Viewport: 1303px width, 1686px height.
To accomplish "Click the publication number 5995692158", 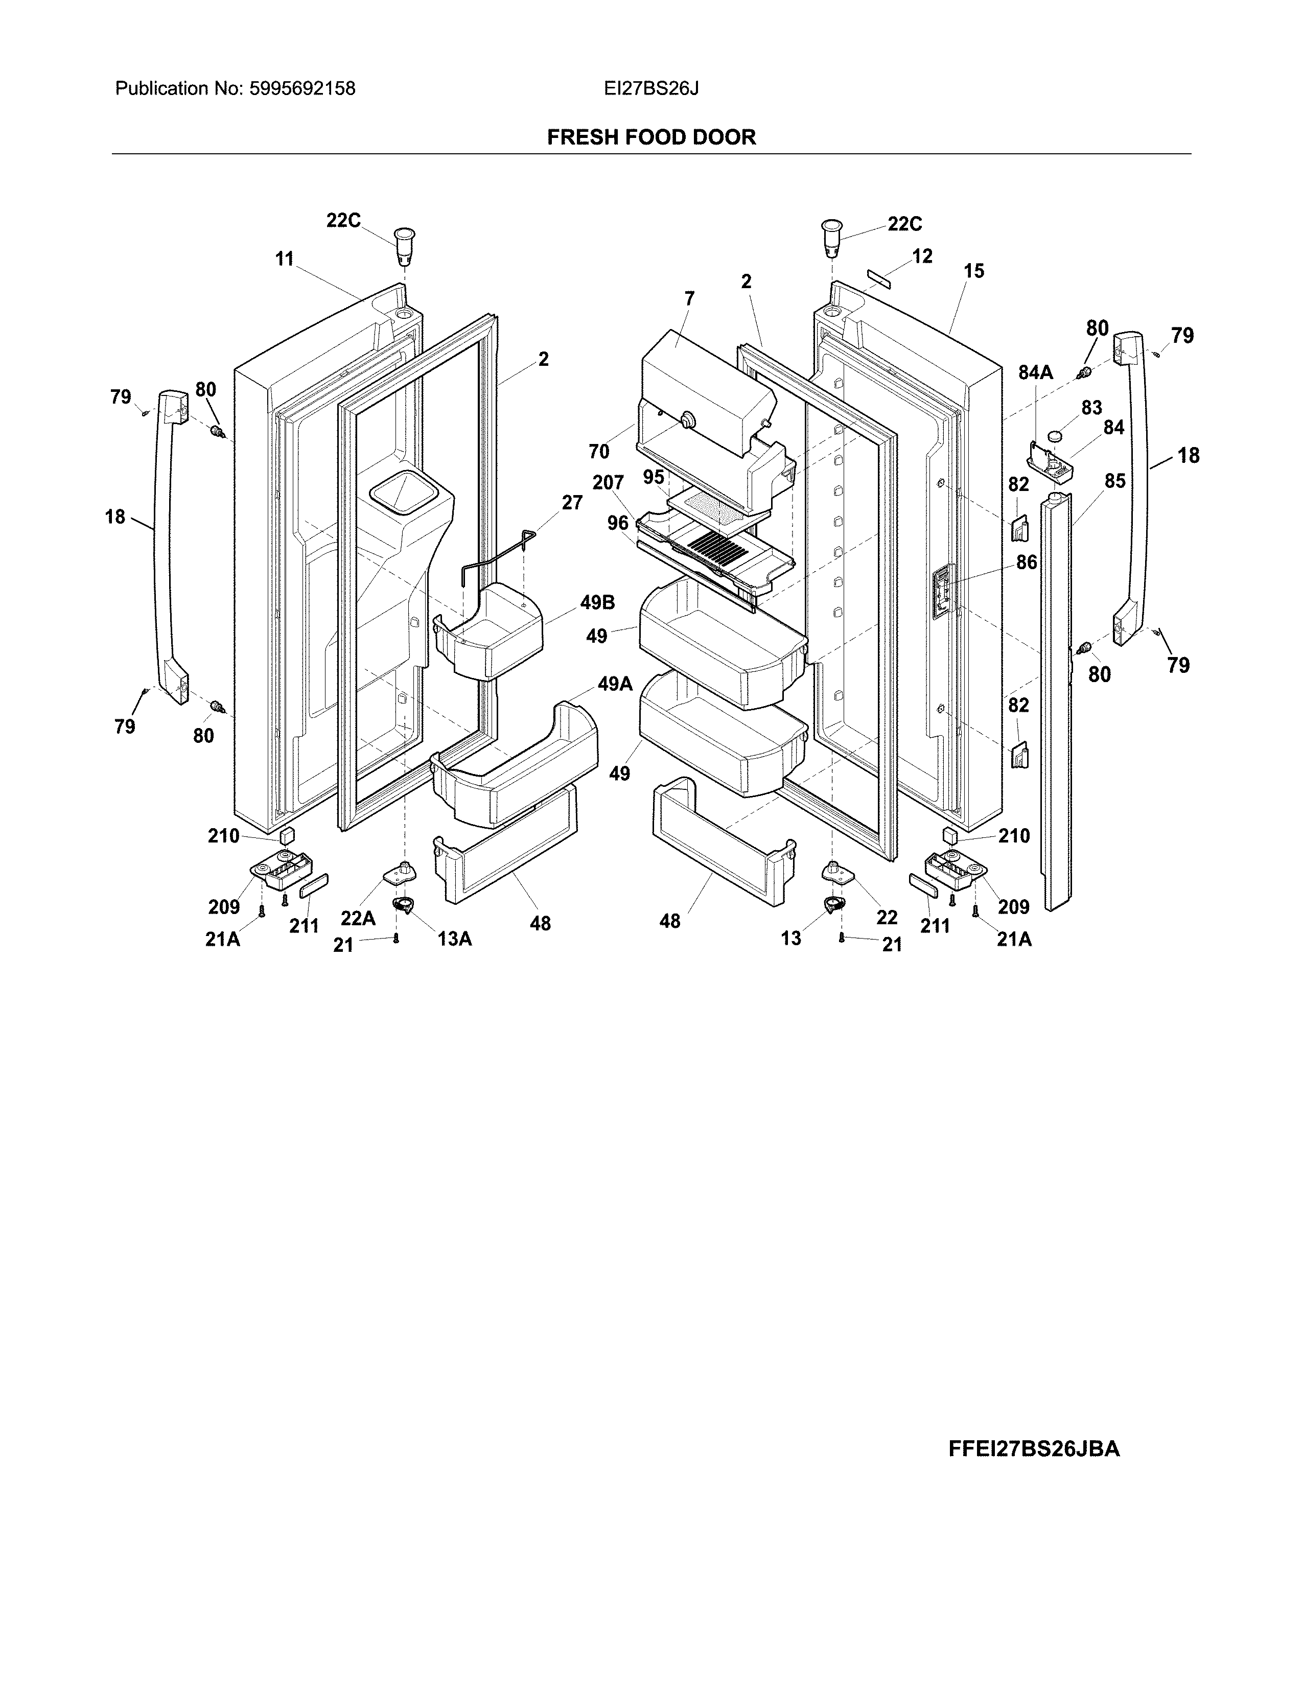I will [302, 89].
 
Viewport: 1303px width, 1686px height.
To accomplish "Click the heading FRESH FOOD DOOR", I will [650, 137].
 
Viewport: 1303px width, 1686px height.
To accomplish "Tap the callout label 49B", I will [597, 603].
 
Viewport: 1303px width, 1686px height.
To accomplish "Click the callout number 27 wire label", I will [571, 503].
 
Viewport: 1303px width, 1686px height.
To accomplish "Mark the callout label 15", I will [974, 271].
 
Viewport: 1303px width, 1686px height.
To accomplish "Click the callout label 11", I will [284, 260].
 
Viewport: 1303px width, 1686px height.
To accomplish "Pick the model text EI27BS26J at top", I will [650, 89].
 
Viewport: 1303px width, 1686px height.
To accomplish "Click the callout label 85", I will [1114, 481].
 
